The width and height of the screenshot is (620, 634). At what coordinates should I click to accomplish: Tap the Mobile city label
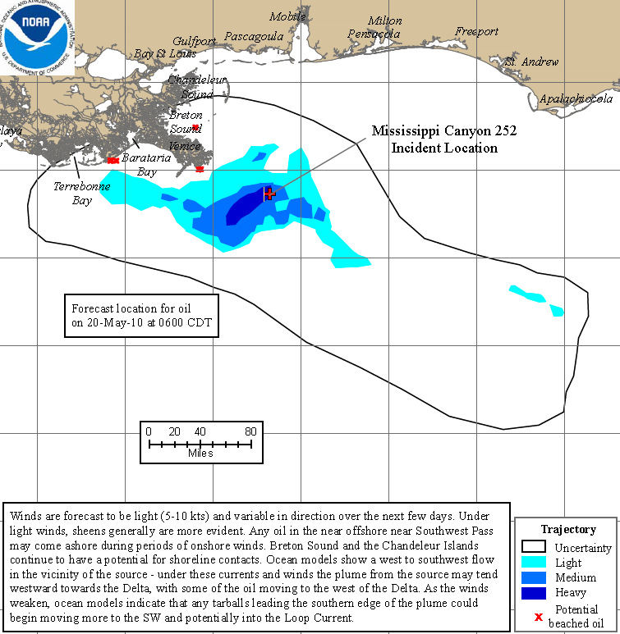click(x=287, y=16)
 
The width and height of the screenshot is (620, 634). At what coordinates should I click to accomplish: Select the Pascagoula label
click(x=254, y=36)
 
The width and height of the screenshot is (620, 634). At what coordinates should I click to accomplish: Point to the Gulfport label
click(x=194, y=41)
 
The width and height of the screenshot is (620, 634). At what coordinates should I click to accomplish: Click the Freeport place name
click(x=477, y=31)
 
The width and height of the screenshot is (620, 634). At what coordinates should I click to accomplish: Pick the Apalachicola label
click(x=576, y=98)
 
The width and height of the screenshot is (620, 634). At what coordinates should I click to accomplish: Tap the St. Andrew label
click(x=531, y=62)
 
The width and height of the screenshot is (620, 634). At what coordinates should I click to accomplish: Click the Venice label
click(x=185, y=145)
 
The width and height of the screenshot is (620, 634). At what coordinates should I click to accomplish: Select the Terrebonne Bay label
click(x=81, y=193)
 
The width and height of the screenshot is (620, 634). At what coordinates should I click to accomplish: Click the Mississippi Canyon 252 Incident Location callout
click(x=443, y=139)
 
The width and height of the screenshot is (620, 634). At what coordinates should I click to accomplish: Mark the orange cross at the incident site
click(x=269, y=194)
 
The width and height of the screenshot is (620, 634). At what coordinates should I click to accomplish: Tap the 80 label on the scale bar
click(x=250, y=431)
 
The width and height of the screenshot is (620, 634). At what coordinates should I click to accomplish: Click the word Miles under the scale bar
click(x=200, y=453)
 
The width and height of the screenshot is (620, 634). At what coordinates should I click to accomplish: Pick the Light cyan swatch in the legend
click(x=534, y=563)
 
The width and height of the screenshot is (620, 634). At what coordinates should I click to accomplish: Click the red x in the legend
click(x=539, y=616)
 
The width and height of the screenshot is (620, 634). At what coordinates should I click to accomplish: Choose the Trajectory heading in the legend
click(x=568, y=529)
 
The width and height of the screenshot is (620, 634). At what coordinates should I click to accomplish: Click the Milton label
click(x=385, y=21)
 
